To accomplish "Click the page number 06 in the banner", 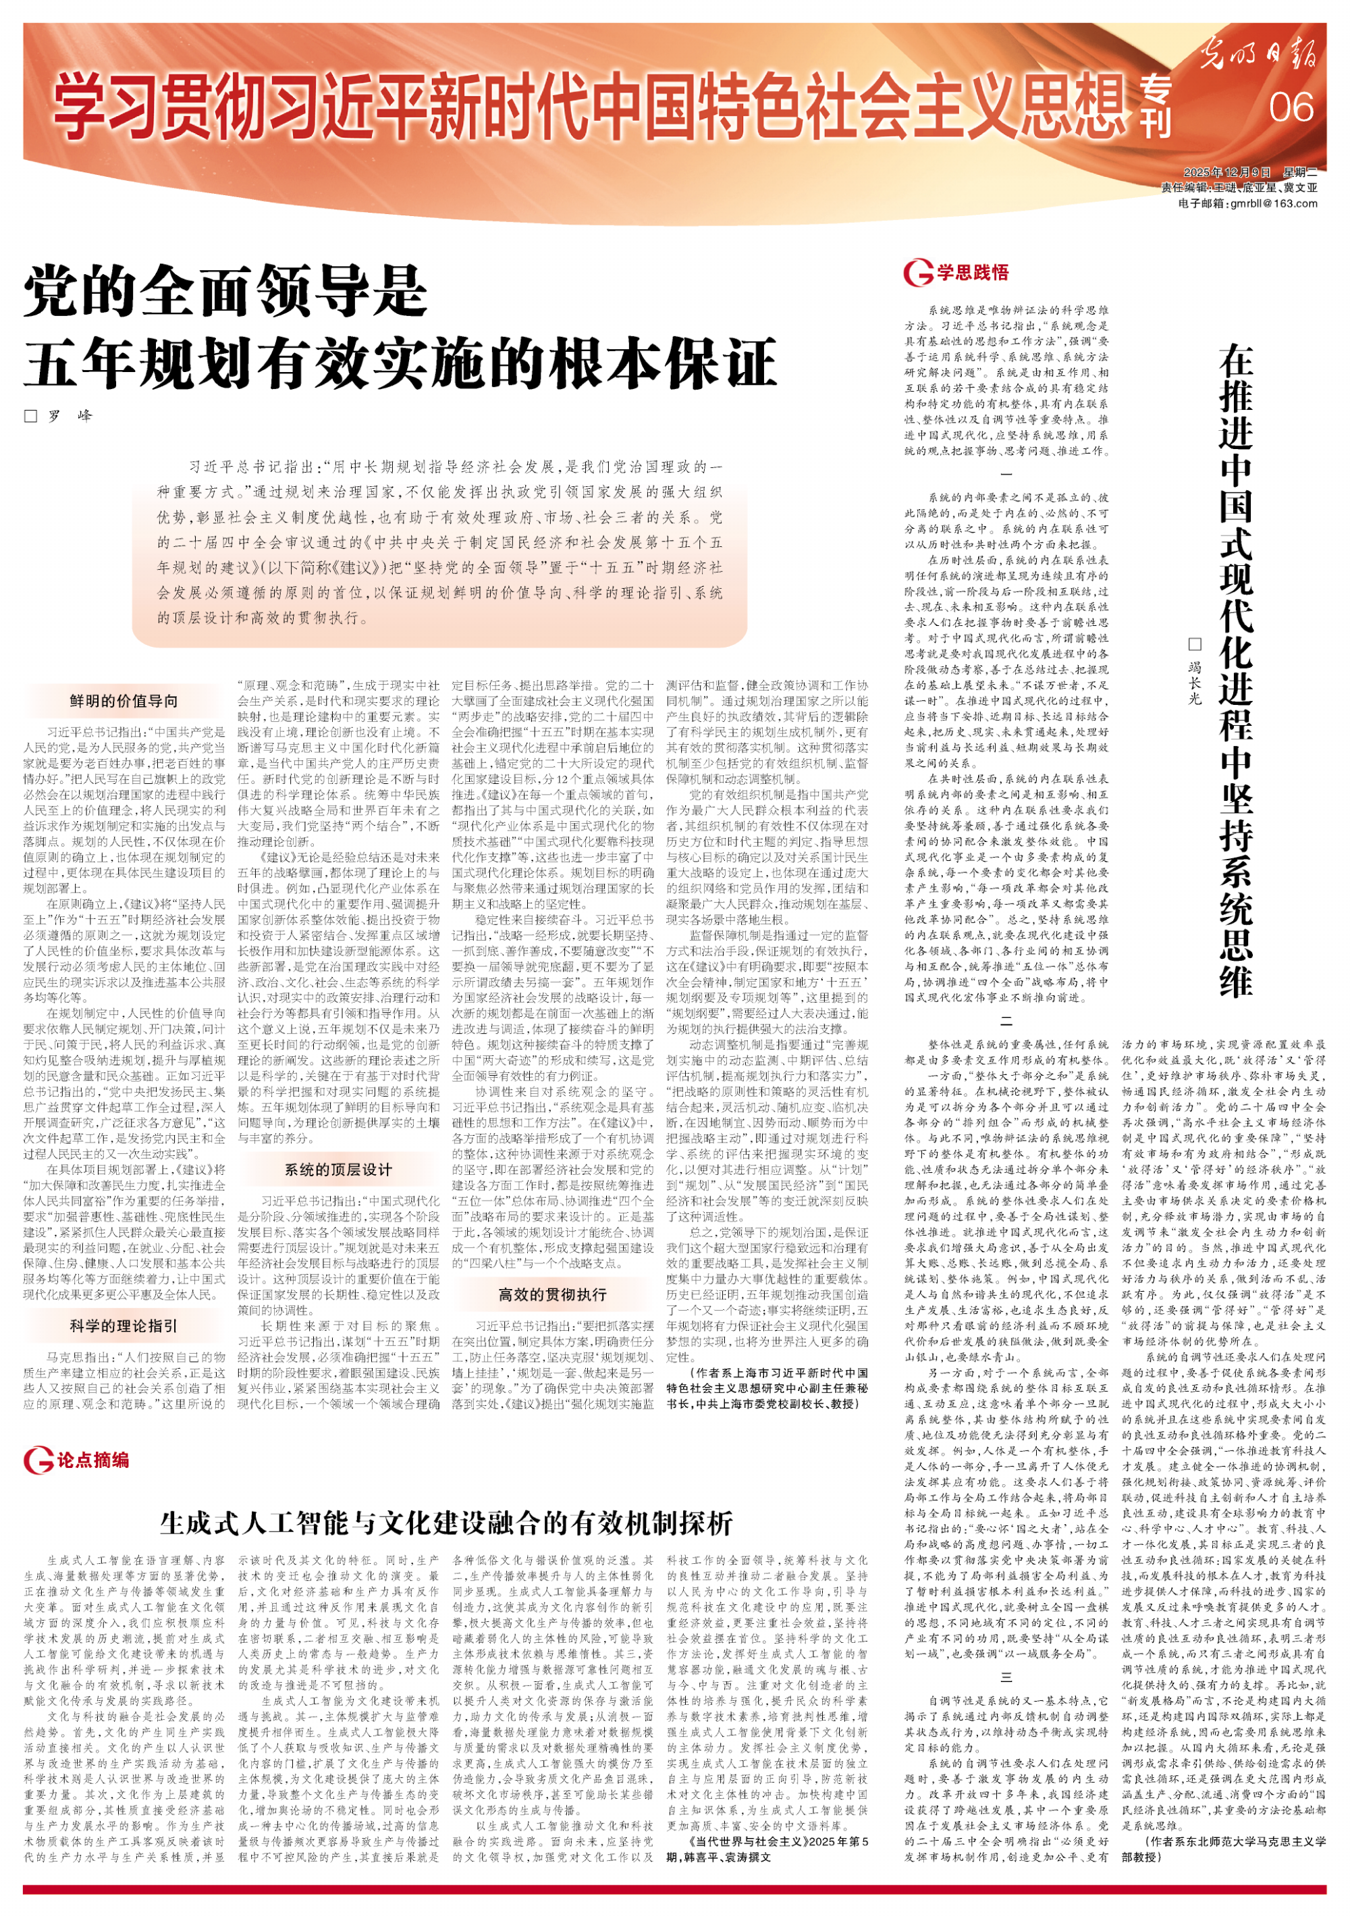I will (x=1290, y=107).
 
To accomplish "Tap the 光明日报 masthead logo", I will (x=1261, y=54).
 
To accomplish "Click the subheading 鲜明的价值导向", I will (x=124, y=700).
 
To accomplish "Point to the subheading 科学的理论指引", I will (x=124, y=1326).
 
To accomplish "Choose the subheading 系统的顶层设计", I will (x=338, y=1170).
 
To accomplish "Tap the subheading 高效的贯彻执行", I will (x=552, y=1294).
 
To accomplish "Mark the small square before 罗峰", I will (x=31, y=416).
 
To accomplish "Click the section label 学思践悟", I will (x=972, y=272).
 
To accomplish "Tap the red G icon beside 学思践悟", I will (x=917, y=272).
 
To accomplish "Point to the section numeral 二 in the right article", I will (x=1006, y=1022).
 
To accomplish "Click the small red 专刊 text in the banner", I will (x=1157, y=107).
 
